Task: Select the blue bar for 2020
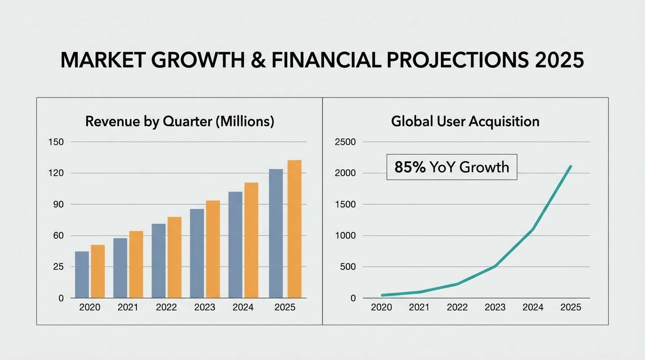click(82, 275)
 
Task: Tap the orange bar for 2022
click(174, 257)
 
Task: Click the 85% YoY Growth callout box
click(451, 167)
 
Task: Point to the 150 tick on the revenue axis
click(56, 142)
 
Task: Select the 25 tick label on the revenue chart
click(58, 267)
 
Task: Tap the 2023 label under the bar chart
click(204, 307)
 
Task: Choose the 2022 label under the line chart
click(457, 307)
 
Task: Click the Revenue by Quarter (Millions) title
click(180, 122)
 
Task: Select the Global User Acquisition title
click(465, 122)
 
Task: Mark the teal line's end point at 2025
click(570, 166)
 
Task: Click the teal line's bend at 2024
click(533, 229)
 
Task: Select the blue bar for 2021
click(120, 268)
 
